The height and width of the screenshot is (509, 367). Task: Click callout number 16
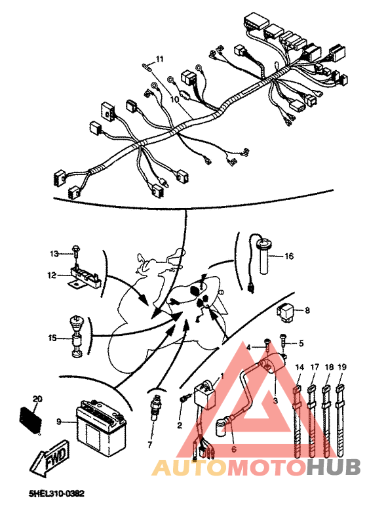(288, 256)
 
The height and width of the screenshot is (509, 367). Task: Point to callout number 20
(37, 399)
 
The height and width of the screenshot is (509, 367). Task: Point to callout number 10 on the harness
(175, 100)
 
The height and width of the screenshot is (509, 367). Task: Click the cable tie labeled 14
(299, 420)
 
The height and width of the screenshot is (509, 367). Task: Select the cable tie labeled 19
(341, 420)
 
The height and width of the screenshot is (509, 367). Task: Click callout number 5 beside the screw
(301, 343)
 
